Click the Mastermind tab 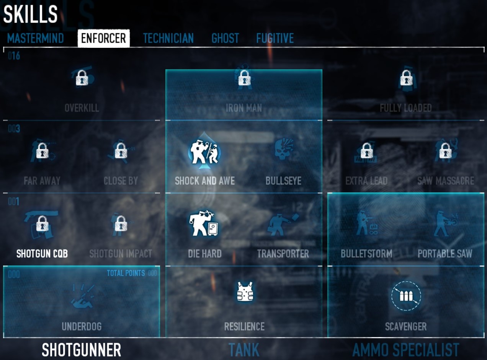pos(35,38)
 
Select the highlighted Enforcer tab pos(103,38)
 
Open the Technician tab pos(168,38)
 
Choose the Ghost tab pos(225,38)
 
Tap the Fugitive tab pos(275,38)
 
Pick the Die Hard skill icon pos(203,224)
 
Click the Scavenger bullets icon pos(406,296)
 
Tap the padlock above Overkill pos(82,78)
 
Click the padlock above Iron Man pos(244,78)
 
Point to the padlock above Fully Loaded pos(406,78)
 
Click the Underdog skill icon pos(82,297)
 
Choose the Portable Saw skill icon pos(445,224)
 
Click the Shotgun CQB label pos(42,254)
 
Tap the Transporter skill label pos(283,254)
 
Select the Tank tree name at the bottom pos(244,350)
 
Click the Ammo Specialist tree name pos(405,350)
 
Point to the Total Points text pos(126,273)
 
